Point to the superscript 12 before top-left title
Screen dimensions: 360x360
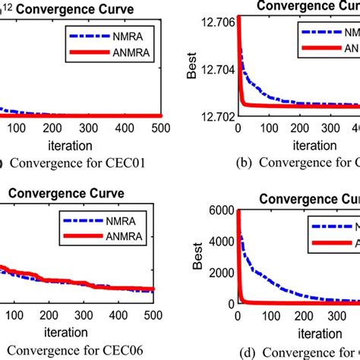click(x=9, y=7)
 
